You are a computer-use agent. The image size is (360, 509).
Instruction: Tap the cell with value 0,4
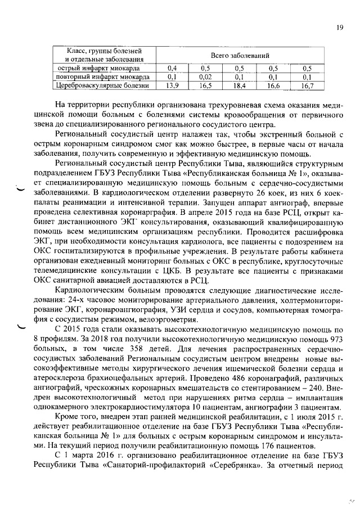173,69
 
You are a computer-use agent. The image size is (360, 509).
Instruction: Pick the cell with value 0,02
205,77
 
